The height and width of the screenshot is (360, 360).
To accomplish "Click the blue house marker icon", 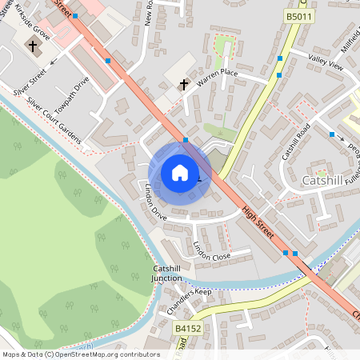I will (179, 173).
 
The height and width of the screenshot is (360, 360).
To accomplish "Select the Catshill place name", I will (324, 181).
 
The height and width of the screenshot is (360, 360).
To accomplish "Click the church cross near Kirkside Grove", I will (34, 46).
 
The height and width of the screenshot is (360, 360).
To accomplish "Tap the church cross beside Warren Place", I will (183, 83).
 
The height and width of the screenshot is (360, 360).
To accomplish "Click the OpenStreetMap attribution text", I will (81, 354).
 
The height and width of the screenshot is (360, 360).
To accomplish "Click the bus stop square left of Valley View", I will (279, 59).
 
